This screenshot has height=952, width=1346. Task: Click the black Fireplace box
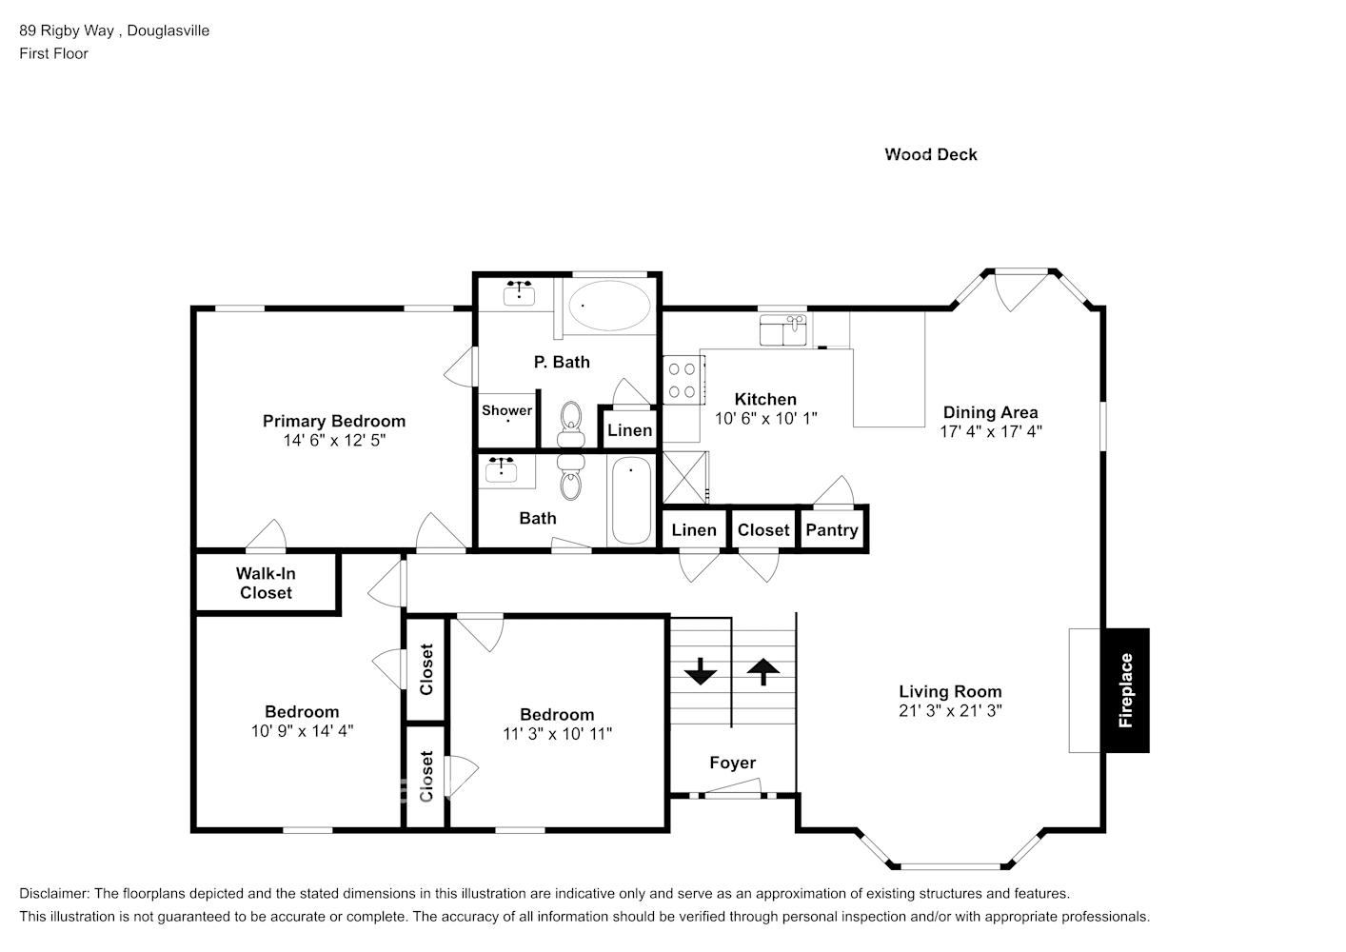pos(1126,690)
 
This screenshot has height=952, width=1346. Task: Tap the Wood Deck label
pos(930,154)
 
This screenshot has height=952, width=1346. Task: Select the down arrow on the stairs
pos(701,672)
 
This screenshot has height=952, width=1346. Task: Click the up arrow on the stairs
pos(762,672)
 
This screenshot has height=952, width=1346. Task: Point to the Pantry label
pos(831,530)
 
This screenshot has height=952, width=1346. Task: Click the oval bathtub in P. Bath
pos(609,306)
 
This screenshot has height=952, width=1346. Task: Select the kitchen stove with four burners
pos(682,378)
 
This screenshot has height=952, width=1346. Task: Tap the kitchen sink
pos(783,331)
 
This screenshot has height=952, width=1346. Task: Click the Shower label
pos(506,410)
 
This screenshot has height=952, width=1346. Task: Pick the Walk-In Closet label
pos(266,583)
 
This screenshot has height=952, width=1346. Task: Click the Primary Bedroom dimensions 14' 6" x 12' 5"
pos(334,441)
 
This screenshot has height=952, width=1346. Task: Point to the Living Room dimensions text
pos(950,711)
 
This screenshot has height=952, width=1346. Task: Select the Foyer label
pos(732,763)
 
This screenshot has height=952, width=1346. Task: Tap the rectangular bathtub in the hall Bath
pos(630,501)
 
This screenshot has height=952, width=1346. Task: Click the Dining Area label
pos(990,412)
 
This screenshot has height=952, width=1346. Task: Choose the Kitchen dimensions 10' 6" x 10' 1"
pos(765,418)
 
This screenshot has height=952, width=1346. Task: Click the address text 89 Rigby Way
pos(67,30)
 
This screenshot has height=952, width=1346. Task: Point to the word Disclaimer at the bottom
pos(53,894)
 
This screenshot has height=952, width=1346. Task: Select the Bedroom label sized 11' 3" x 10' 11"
pos(557,714)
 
